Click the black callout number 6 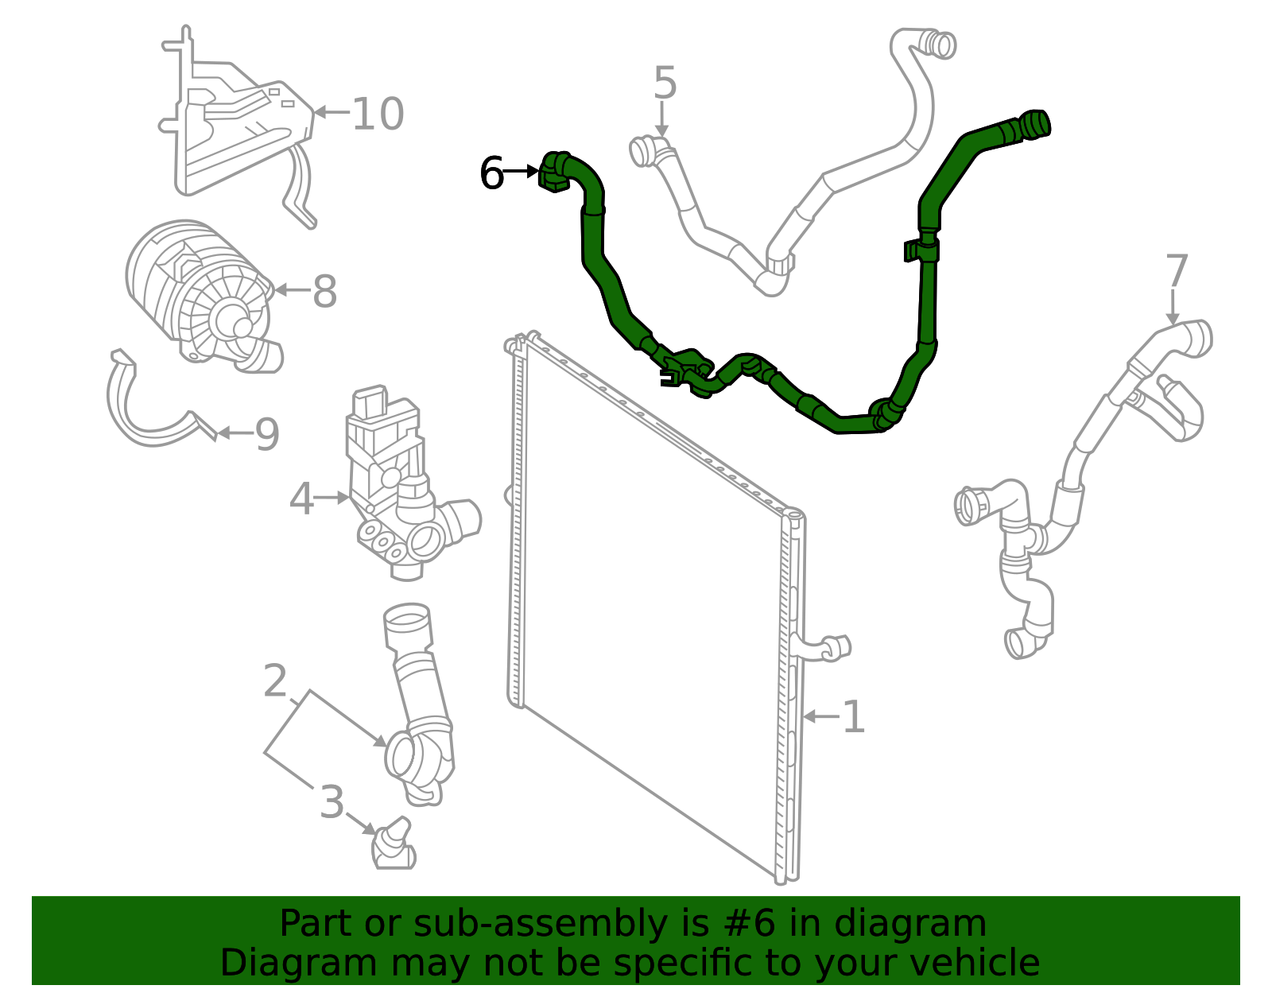click(492, 173)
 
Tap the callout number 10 click(378, 114)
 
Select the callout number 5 click(665, 83)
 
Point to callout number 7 click(1177, 272)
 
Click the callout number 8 click(324, 292)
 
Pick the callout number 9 click(267, 435)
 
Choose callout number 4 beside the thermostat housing click(301, 499)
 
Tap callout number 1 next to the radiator click(853, 718)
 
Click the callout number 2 click(275, 682)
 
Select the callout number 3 click(332, 803)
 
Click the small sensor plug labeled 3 click(393, 848)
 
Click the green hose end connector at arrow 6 click(553, 172)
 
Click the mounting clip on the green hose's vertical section click(921, 250)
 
